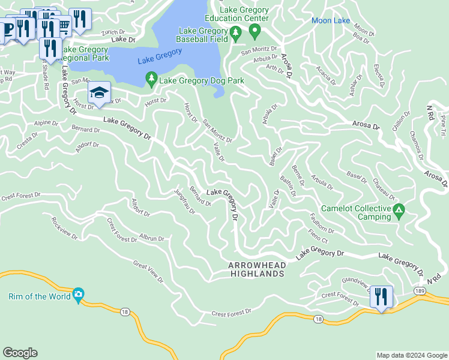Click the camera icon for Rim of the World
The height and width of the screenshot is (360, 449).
pos(78,294)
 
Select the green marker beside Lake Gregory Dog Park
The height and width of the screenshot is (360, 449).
pos(151,79)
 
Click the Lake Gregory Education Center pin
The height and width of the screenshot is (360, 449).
pos(255,31)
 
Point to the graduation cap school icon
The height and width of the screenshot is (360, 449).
pos(99,92)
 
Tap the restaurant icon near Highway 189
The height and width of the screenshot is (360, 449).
pos(381,296)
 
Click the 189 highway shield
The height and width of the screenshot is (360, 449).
pos(420,290)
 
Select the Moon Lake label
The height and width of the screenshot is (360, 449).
pos(330,21)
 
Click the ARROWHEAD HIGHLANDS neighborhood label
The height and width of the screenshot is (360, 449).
pos(256,269)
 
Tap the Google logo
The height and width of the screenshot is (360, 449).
pos(20,352)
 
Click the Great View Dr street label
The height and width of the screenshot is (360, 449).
pos(148,271)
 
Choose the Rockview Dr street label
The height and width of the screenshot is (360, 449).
pos(64,228)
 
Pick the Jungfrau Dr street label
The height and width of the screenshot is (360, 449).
pos(185,203)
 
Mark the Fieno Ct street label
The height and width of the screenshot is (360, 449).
pos(318,236)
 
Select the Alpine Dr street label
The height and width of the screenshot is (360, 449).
pos(46,123)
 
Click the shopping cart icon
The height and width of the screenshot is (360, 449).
pos(63,24)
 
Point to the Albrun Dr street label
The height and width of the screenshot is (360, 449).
pos(152,238)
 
